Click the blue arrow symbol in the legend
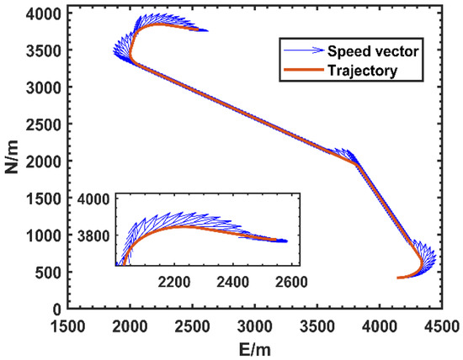302,50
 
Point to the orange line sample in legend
302,71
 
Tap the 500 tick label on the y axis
48,272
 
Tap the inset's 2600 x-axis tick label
288,282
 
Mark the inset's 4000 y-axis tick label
96,199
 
